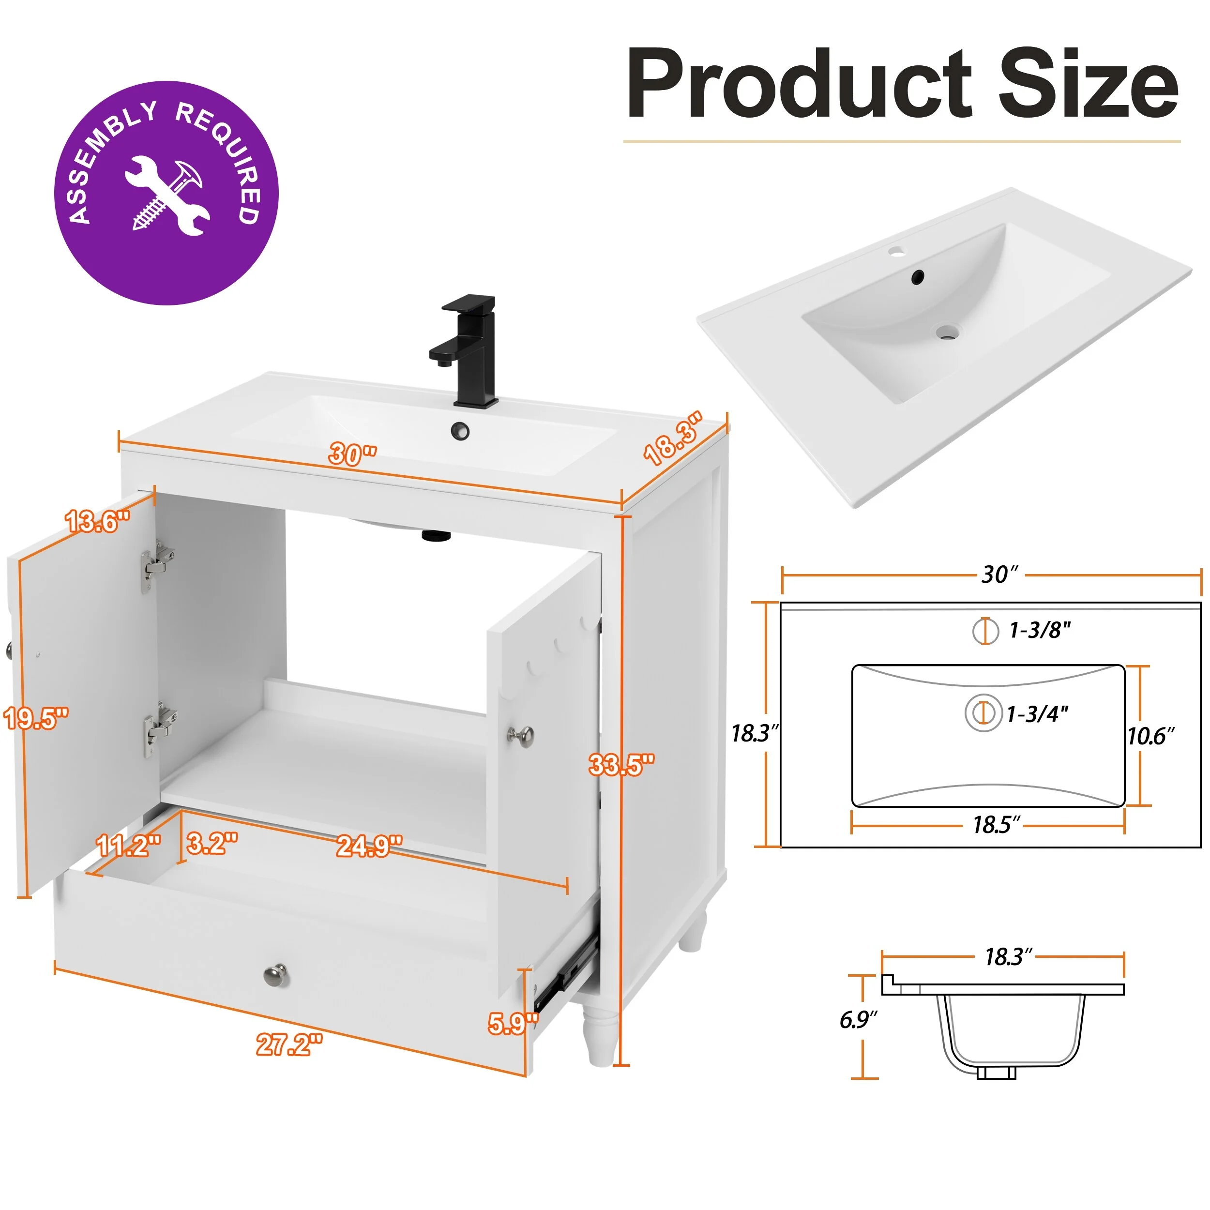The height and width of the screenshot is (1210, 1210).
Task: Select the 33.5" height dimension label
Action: [x=621, y=765]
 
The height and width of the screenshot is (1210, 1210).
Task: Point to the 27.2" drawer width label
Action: [x=289, y=1044]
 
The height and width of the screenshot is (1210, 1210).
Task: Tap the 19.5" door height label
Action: [x=36, y=718]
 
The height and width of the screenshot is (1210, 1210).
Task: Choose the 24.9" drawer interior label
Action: [x=369, y=846]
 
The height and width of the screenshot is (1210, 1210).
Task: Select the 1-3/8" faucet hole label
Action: [x=1040, y=630]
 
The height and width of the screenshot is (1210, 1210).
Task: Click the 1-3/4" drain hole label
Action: [x=1037, y=714]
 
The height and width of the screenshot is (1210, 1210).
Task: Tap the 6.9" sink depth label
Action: [x=858, y=1020]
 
